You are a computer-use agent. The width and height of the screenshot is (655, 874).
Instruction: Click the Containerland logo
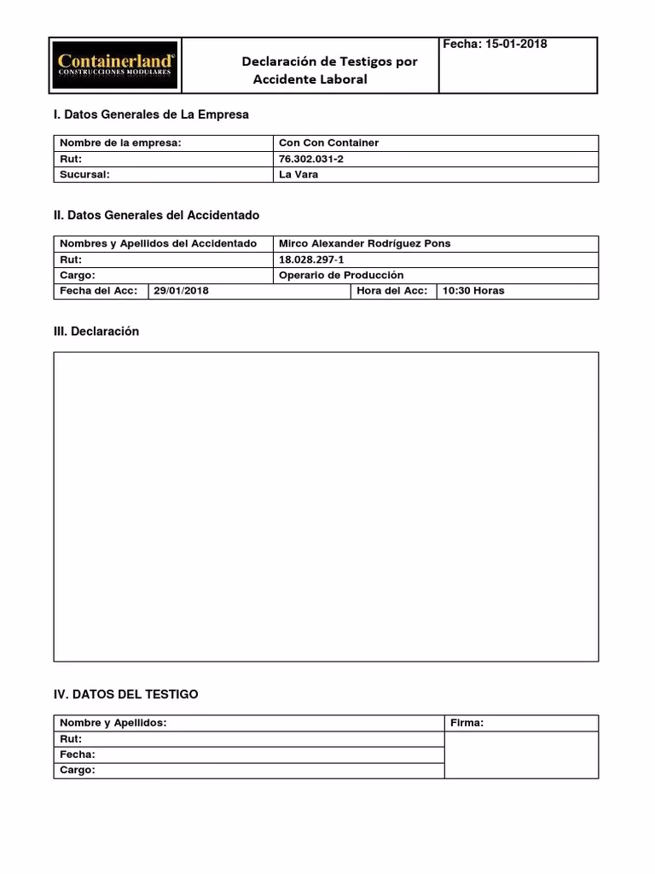[x=116, y=65]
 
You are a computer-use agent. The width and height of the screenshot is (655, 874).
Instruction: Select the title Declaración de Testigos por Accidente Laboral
[x=329, y=70]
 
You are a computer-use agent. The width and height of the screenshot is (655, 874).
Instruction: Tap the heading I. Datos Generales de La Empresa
[x=151, y=114]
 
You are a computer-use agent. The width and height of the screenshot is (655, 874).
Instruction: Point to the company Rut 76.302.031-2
[x=311, y=159]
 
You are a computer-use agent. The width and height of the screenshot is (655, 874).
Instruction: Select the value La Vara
[x=299, y=174]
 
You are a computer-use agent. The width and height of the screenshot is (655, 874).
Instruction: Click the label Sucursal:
[x=85, y=174]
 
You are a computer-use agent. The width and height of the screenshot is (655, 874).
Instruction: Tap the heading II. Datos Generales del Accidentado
[x=156, y=215]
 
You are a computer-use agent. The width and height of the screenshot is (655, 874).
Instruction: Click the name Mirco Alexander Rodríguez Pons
[x=364, y=243]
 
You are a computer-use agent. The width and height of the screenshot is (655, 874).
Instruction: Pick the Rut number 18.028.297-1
[x=311, y=259]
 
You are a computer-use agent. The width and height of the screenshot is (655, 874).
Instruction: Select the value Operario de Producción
[x=341, y=276]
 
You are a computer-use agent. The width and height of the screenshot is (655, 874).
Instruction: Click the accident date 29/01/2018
[x=181, y=291]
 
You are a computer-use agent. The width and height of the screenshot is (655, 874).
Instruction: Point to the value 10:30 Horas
[x=472, y=291]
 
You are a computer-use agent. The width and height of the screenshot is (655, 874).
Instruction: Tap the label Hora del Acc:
[x=392, y=291]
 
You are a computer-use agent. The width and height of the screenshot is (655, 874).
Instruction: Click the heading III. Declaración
[x=96, y=331]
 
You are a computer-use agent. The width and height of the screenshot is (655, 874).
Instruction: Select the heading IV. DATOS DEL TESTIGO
[x=125, y=695]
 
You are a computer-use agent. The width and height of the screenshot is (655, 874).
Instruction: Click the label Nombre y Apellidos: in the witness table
[x=113, y=723]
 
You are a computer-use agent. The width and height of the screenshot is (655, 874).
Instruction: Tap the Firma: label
[x=467, y=723]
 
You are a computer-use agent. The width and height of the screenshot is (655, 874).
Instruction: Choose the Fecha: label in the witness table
[x=78, y=755]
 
